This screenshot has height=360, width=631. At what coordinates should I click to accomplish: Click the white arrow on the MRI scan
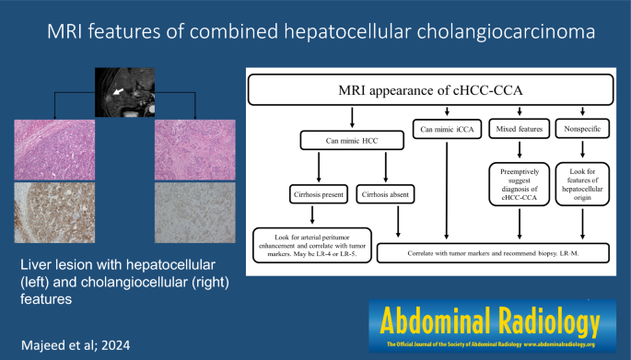click(x=119, y=91)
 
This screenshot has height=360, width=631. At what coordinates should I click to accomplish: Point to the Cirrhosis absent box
click(x=387, y=196)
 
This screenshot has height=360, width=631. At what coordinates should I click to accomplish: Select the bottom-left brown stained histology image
click(x=53, y=214)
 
